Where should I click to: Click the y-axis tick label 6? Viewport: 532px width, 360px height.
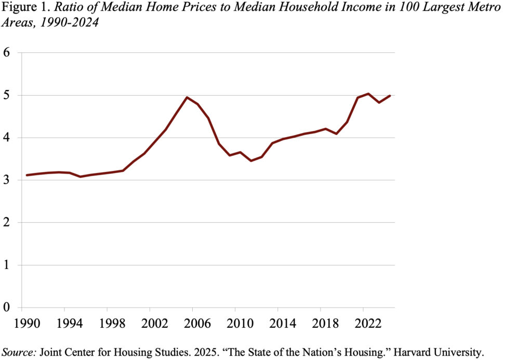[6, 52]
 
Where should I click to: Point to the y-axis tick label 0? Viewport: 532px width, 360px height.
[6, 308]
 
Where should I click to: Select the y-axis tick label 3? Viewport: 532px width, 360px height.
[6, 180]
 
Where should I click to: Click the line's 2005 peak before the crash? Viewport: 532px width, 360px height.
[187, 97]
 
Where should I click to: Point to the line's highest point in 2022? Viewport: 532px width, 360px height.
[368, 94]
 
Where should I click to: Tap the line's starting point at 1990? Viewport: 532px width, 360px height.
[27, 175]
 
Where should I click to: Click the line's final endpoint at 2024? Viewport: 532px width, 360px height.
[390, 96]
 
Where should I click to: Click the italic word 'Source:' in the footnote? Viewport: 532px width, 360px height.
[18, 352]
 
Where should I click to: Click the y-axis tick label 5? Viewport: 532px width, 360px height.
[6, 95]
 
